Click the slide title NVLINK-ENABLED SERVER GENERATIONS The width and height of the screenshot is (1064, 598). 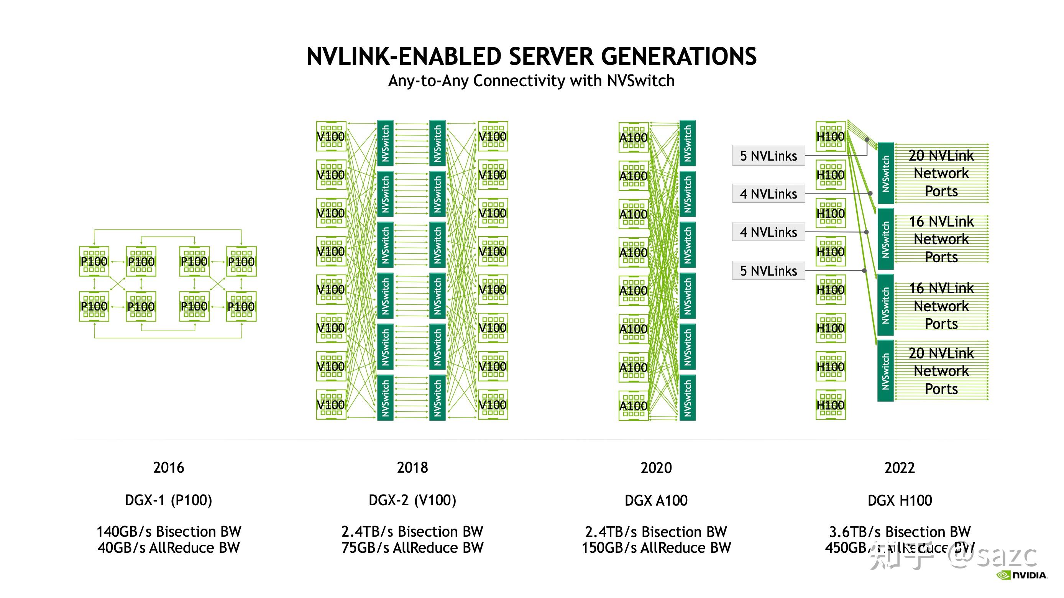tap(531, 56)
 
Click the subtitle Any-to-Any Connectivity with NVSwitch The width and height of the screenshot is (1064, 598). tap(531, 81)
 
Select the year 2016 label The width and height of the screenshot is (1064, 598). tap(169, 468)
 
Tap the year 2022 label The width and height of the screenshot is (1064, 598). tap(900, 468)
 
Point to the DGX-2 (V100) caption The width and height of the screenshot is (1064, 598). tap(412, 500)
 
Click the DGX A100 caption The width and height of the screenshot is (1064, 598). tap(656, 500)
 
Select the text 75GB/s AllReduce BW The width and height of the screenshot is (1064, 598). tap(412, 548)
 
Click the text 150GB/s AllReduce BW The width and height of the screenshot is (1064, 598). tap(656, 548)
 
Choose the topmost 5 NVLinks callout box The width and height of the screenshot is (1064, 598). tap(768, 156)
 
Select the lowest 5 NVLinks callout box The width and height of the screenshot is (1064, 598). tap(768, 271)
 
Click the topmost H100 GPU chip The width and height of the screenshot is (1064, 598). tap(831, 136)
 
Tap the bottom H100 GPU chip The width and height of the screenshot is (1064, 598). tap(831, 405)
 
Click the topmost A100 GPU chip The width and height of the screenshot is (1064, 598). tap(633, 138)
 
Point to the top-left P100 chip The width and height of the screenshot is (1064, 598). tap(94, 261)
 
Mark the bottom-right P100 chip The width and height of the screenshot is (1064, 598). tap(241, 306)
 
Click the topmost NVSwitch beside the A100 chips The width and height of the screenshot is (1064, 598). tap(687, 143)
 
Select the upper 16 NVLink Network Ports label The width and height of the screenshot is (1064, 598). tap(941, 239)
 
